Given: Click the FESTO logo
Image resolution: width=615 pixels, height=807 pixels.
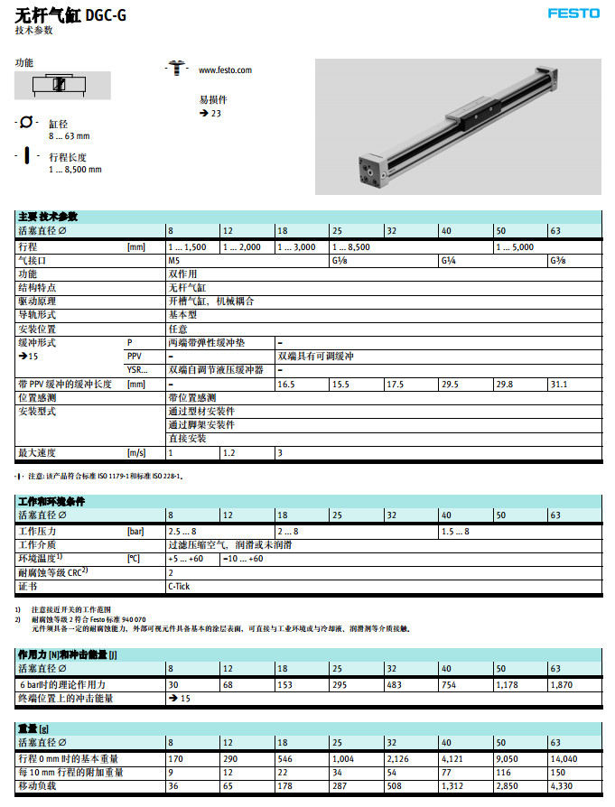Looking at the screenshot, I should [573, 14].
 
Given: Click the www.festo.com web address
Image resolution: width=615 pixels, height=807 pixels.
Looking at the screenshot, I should [225, 70].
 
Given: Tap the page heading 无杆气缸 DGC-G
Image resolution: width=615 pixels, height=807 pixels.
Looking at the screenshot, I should [71, 14].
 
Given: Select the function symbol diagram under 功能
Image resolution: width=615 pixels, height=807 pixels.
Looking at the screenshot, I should [62, 86].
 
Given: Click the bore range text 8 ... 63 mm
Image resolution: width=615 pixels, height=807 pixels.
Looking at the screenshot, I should [70, 136].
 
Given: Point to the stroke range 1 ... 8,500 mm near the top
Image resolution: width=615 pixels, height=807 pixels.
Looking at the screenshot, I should [75, 169].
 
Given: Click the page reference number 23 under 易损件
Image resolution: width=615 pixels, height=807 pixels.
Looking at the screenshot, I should [216, 114].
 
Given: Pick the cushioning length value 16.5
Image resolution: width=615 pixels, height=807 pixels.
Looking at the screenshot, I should [286, 385].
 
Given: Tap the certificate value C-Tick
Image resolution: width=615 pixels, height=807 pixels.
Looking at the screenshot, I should [179, 586].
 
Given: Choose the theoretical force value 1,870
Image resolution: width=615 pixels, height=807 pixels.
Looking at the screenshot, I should [561, 684].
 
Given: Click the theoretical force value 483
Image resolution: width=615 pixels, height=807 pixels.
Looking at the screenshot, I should [394, 684].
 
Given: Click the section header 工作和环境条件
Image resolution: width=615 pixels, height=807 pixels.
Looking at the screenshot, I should [52, 500].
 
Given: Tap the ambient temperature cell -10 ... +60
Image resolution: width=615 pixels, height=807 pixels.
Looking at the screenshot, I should [243, 559].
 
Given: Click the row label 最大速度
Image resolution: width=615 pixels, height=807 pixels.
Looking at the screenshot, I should [38, 452].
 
